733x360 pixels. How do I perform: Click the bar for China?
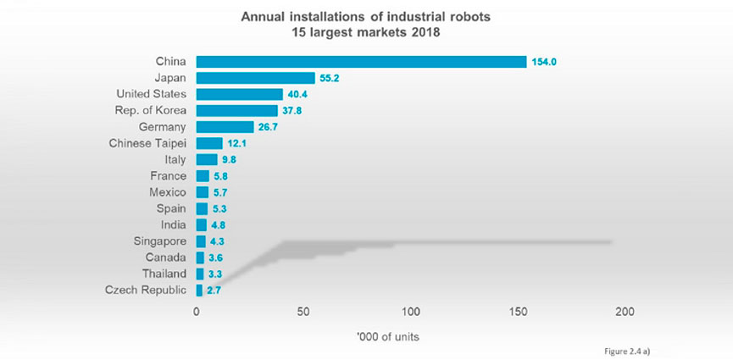click(x=361, y=62)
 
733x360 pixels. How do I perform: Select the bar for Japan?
click(x=255, y=78)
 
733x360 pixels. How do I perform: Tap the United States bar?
click(x=239, y=94)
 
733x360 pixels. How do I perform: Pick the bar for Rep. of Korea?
click(x=236, y=110)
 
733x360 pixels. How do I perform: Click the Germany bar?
click(x=225, y=127)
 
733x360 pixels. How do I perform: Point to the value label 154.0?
click(x=545, y=62)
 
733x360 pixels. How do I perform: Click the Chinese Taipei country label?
click(x=148, y=143)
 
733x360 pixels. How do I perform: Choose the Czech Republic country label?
click(x=146, y=291)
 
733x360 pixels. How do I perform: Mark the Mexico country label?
click(x=167, y=192)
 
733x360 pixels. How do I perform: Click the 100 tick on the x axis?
click(x=410, y=312)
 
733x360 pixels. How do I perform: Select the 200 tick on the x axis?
click(x=625, y=312)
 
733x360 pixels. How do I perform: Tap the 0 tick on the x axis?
click(x=197, y=312)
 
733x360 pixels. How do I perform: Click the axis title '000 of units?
click(x=388, y=336)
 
